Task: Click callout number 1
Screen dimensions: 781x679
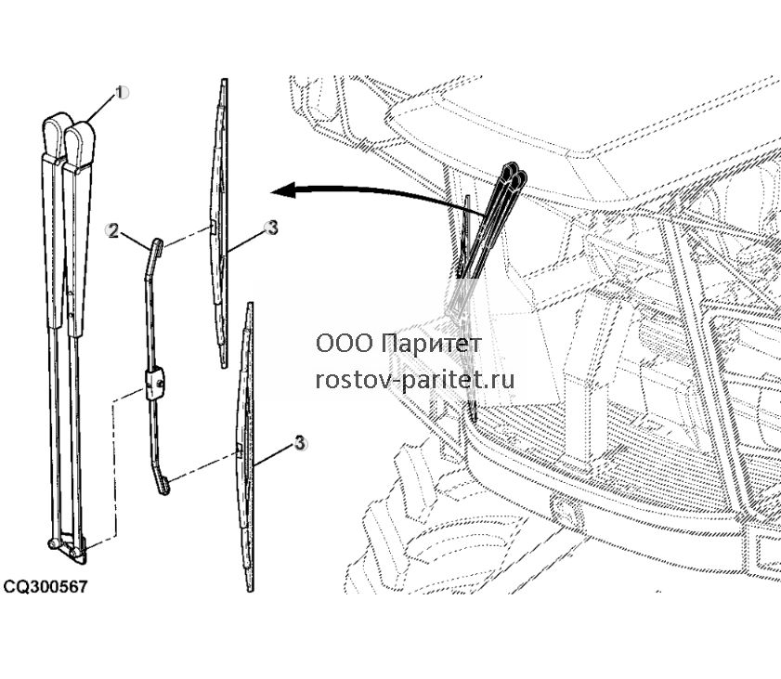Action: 121,92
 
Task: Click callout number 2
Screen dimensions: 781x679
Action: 113,230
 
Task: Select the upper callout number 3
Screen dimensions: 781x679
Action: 272,229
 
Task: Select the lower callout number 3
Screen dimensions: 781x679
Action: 299,443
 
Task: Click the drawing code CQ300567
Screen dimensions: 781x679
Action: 46,586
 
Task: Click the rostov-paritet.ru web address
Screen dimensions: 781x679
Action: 415,381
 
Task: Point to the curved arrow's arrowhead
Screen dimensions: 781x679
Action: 283,190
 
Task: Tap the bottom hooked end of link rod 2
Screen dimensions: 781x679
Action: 163,485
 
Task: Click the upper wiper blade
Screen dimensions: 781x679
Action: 220,223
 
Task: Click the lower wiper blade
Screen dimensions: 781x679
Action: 244,447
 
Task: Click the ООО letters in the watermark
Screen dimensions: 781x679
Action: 345,344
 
